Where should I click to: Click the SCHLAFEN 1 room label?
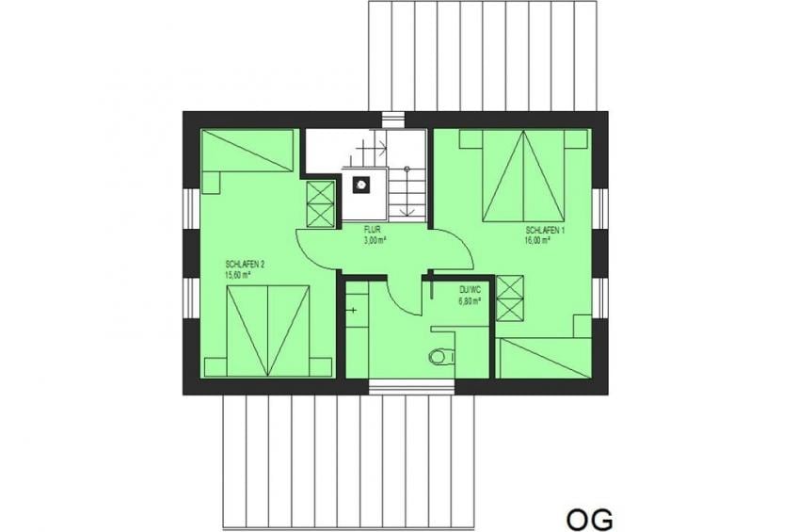pyautogui.click(x=545, y=230)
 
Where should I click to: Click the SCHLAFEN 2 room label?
pyautogui.click(x=245, y=265)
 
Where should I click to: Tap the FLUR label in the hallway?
pyautogui.click(x=372, y=230)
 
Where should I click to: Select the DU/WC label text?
pyautogui.click(x=470, y=290)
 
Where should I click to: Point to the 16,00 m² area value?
pyautogui.click(x=537, y=241)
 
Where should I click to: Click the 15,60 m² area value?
pyautogui.click(x=238, y=275)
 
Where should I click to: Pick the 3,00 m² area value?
pyautogui.click(x=375, y=240)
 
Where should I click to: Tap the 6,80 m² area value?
pyautogui.click(x=471, y=301)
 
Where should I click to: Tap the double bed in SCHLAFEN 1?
pyautogui.click(x=523, y=176)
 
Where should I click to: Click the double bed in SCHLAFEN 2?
pyautogui.click(x=267, y=330)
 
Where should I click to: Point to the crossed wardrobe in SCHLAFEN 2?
pyautogui.click(x=321, y=203)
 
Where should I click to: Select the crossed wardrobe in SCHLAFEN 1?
pyautogui.click(x=510, y=298)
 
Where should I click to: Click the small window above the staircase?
pyautogui.click(x=394, y=118)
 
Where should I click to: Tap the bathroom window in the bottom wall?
pyautogui.click(x=412, y=386)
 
